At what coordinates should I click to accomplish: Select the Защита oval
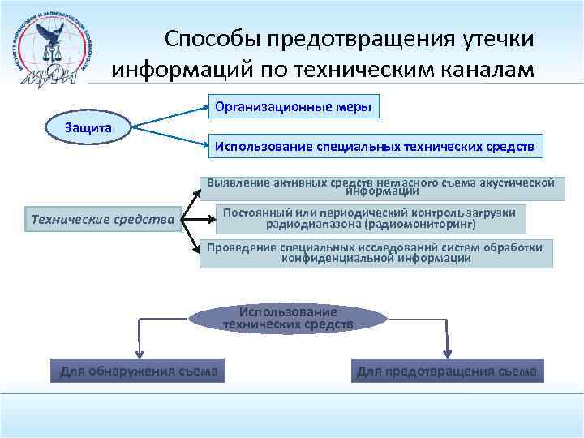click(x=88, y=127)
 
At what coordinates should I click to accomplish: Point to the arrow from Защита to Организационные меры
click(x=170, y=116)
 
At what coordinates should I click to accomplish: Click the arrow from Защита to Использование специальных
click(x=170, y=137)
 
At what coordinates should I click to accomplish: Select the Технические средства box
click(x=102, y=219)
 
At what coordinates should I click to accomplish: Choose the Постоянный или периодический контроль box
click(x=375, y=219)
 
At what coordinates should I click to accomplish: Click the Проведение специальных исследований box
click(x=376, y=253)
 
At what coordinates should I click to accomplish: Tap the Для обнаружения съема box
click(x=139, y=371)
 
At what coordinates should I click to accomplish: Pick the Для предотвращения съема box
click(x=447, y=371)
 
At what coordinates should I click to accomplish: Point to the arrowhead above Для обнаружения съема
click(x=139, y=354)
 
